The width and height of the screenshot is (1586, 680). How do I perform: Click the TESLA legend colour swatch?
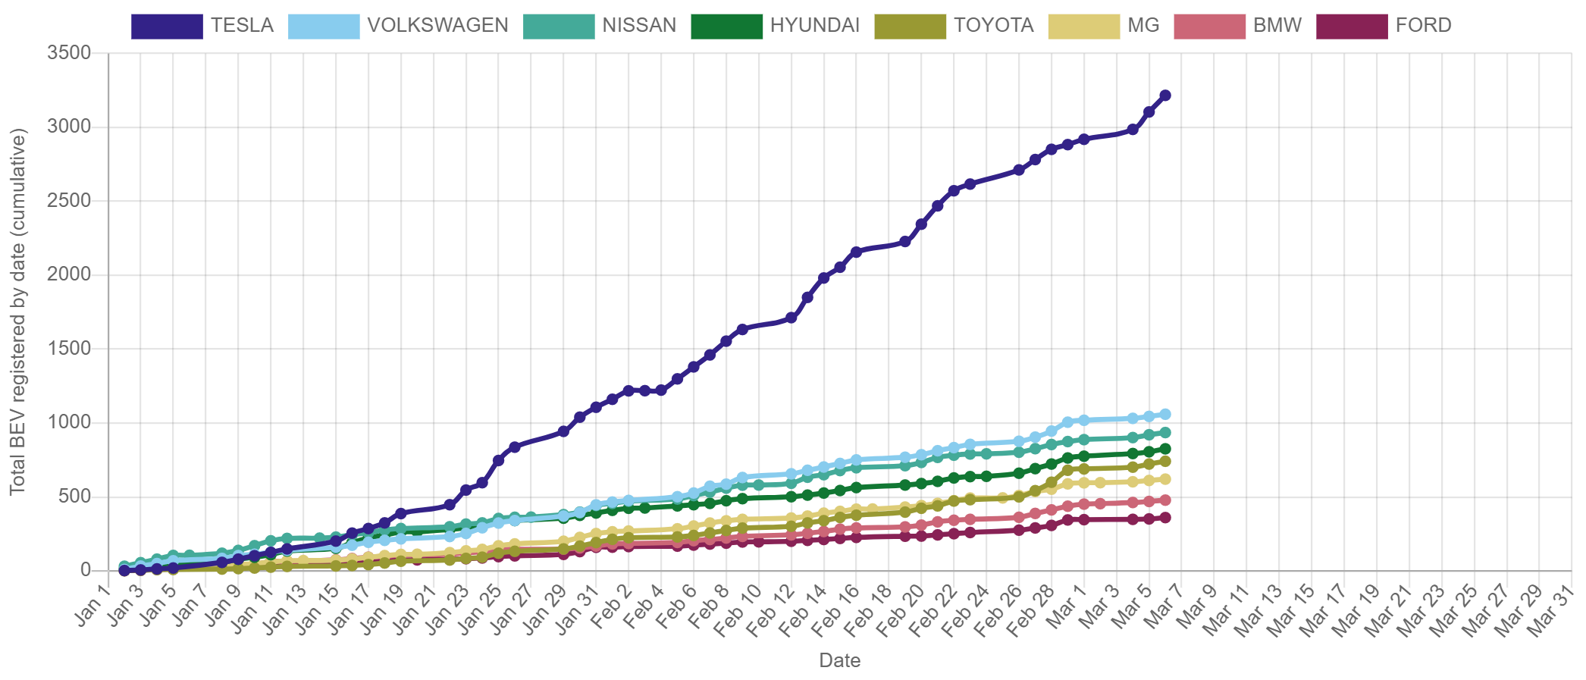pos(167,26)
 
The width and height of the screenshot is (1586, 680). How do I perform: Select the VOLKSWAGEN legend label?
pos(437,26)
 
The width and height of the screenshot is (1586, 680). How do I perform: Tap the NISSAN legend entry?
pos(639,26)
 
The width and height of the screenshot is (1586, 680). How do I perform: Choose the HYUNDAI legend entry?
pos(814,26)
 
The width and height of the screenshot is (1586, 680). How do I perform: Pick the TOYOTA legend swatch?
pos(910,26)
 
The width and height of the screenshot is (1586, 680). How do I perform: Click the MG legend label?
pos(1143,26)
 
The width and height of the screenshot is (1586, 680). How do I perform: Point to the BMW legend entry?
pos(1277,26)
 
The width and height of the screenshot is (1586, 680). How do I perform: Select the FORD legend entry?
pos(1423,26)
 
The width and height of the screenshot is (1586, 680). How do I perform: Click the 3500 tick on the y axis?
pos(69,52)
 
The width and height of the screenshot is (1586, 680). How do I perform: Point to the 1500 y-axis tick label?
pos(69,348)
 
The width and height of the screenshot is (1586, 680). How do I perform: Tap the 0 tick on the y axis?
pos(85,569)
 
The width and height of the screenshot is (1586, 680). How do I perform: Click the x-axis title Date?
pos(840,660)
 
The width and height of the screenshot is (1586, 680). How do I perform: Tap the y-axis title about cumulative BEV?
pos(18,312)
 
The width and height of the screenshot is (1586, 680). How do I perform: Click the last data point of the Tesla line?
pos(1165,96)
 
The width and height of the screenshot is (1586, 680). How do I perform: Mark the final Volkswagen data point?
pos(1165,414)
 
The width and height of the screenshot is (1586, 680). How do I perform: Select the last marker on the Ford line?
pos(1165,518)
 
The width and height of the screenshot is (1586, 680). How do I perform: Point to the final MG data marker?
pos(1165,479)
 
